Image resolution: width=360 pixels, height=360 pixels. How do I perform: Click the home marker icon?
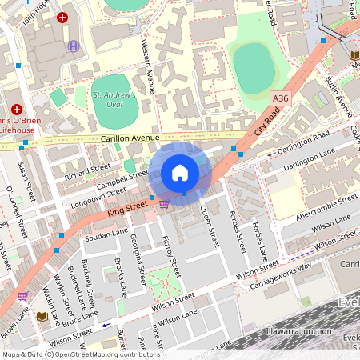[x=180, y=172]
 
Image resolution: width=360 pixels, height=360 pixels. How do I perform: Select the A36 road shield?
[x=280, y=98]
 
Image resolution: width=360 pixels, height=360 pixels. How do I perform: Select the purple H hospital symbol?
[x=74, y=46]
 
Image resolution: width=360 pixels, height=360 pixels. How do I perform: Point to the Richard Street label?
[x=87, y=170]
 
